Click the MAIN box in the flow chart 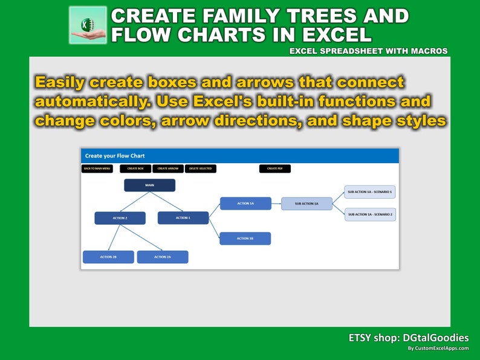149,185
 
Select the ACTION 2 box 120,218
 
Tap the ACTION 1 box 183,217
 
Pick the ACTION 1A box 245,204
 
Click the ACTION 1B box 245,239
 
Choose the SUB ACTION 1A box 306,204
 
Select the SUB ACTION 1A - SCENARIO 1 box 370,191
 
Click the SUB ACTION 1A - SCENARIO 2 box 370,214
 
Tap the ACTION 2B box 108,257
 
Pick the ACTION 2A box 162,257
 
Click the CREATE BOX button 135,169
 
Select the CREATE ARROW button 168,169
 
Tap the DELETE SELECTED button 201,169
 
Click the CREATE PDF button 275,169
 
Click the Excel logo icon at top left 88,25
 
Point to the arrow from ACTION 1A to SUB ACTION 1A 276,204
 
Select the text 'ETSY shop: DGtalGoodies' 409,338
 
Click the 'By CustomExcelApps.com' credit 438,349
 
